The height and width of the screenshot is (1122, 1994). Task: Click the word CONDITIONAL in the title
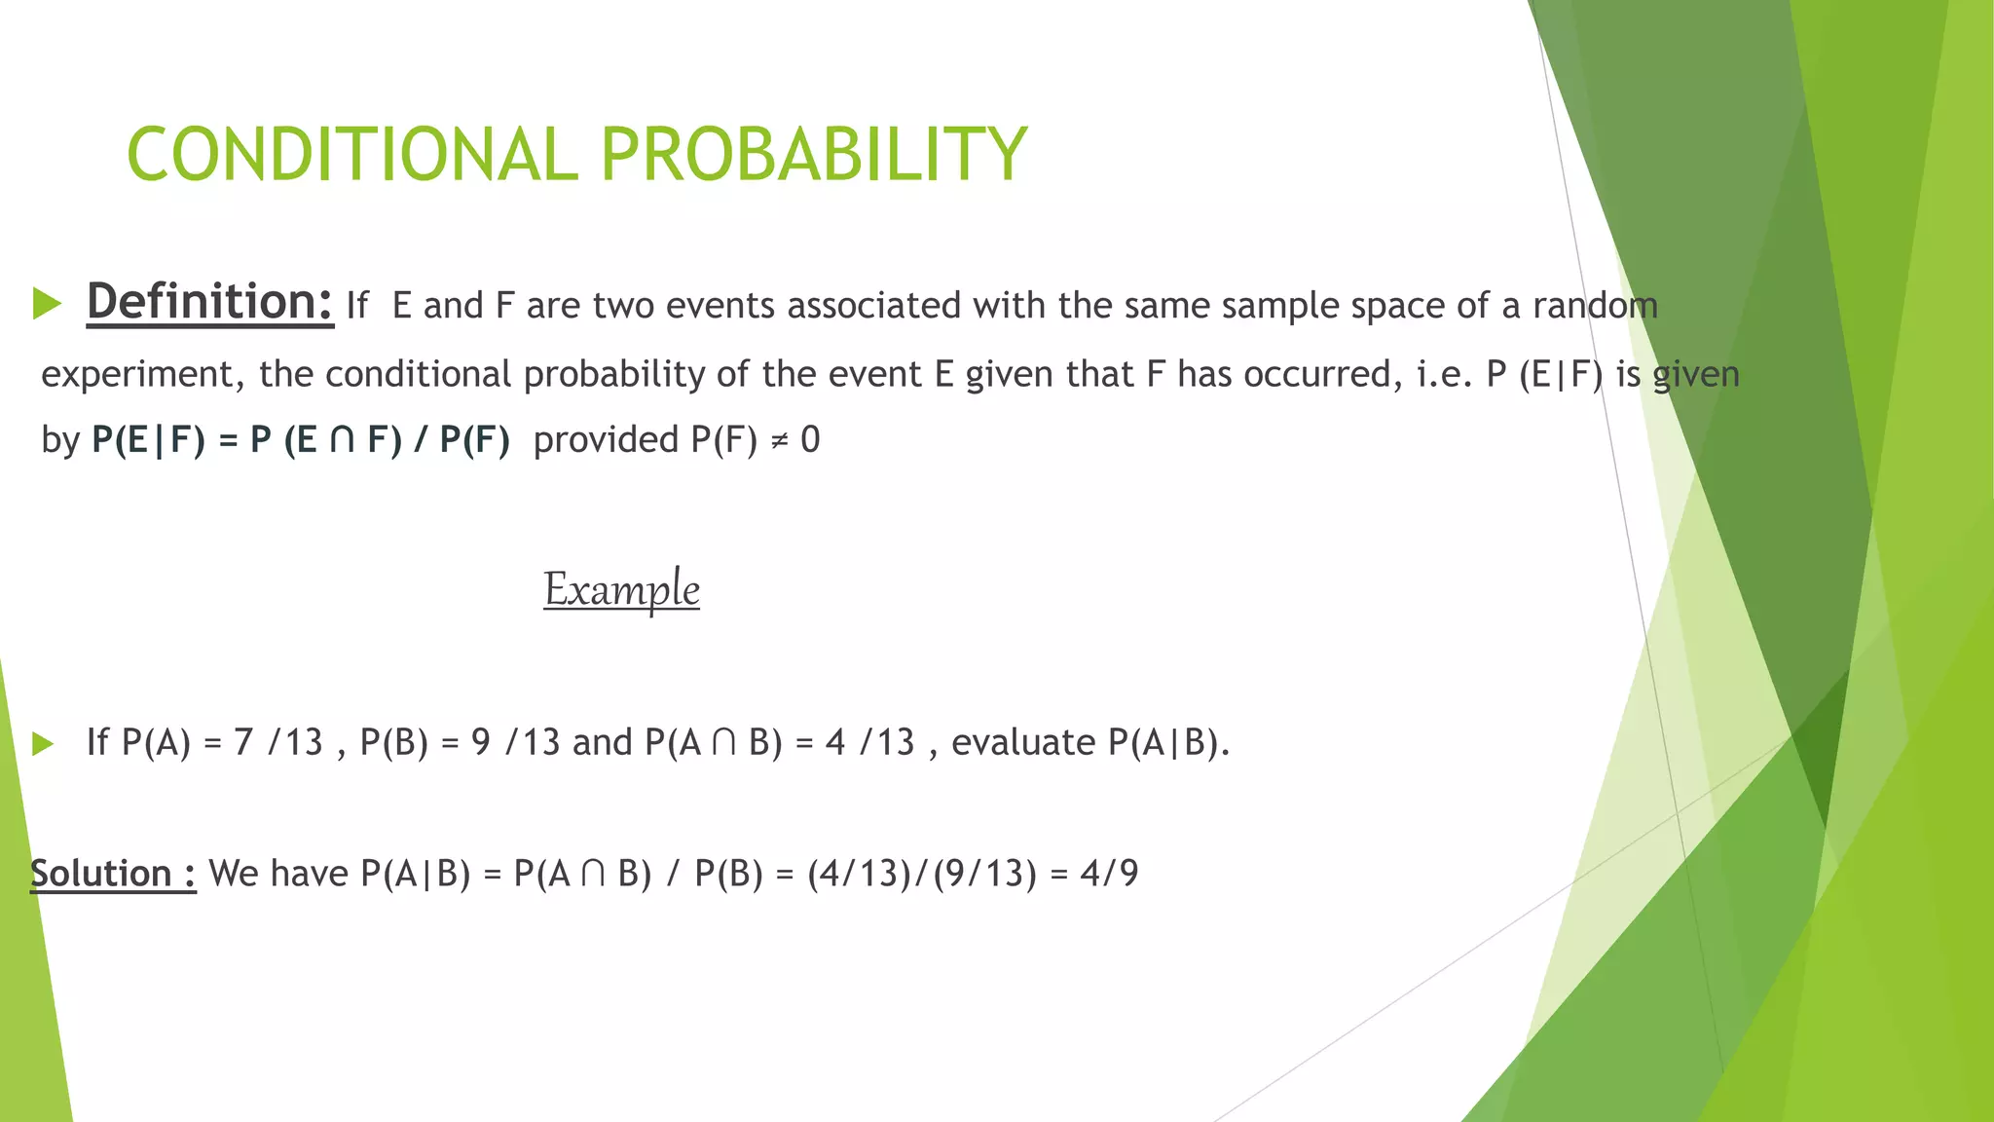[x=352, y=154]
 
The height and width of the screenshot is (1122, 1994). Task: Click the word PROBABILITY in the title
[x=813, y=154]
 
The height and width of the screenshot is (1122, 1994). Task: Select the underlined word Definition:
[x=210, y=301]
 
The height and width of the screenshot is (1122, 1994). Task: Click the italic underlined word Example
[x=621, y=589]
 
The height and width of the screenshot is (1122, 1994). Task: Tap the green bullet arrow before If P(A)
[x=42, y=744]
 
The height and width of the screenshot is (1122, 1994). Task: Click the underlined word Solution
[x=101, y=873]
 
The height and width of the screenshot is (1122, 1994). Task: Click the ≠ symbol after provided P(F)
[x=779, y=440]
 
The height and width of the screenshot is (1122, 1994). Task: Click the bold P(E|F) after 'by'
[x=148, y=440]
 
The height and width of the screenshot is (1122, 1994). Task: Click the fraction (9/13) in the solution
[x=984, y=873]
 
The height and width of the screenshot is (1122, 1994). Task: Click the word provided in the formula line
[x=606, y=440]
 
